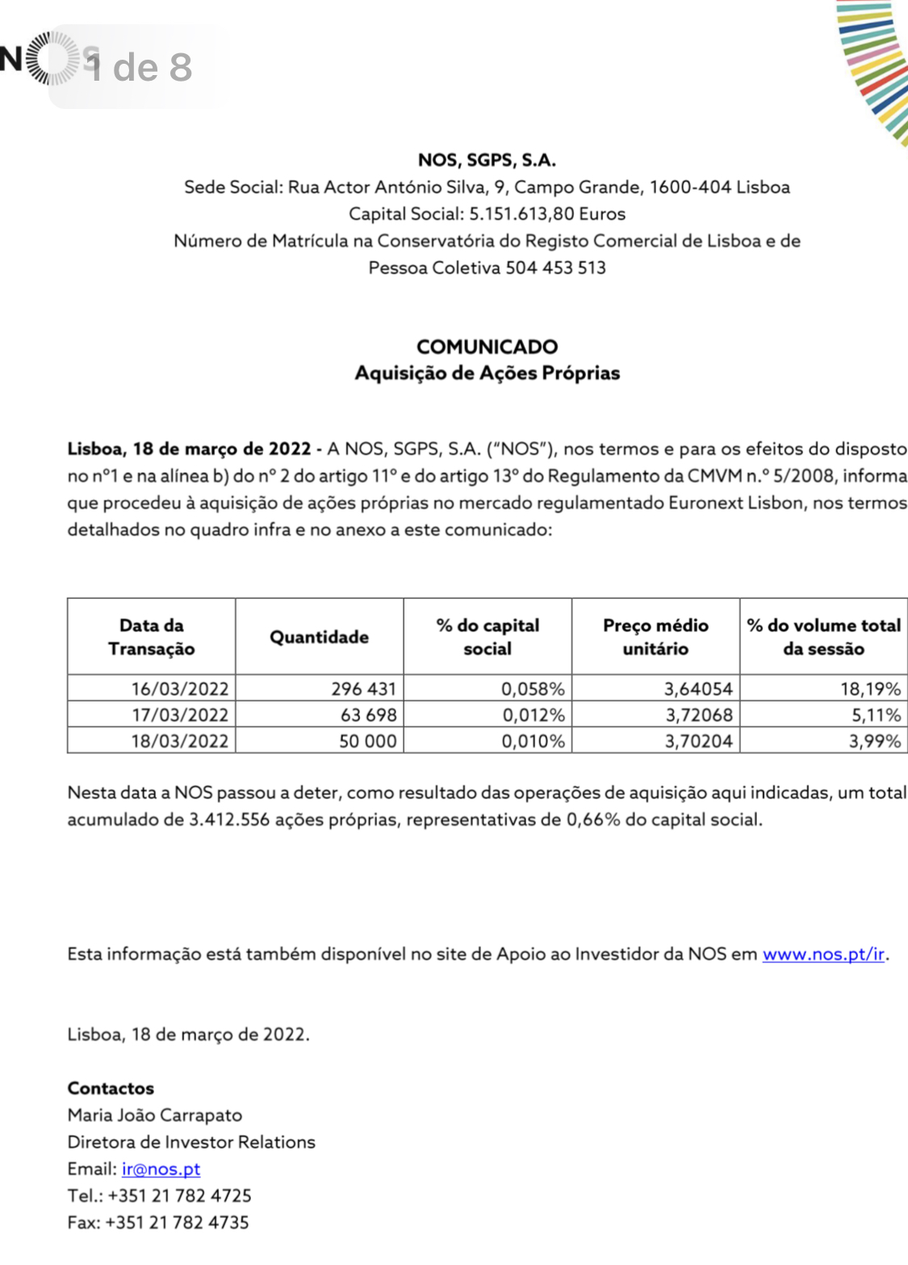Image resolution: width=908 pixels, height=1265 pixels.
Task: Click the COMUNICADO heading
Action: coord(487,346)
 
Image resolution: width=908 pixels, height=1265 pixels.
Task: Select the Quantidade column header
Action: coord(319,637)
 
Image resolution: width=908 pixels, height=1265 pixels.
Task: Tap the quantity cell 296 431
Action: coord(363,689)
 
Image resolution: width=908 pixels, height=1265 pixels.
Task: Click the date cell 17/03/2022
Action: coord(180,715)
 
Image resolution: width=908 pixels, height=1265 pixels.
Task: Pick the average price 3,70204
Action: coord(698,741)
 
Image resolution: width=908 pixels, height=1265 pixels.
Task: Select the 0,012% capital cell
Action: coord(533,715)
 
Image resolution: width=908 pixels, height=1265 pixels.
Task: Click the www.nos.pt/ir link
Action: coord(823,954)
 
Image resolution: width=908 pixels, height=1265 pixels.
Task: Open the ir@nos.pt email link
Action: coord(161,1169)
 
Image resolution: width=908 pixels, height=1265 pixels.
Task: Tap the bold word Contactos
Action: coord(111,1088)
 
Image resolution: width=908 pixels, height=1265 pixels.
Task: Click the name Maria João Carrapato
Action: coord(155,1115)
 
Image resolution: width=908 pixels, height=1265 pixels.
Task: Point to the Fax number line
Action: coord(158,1222)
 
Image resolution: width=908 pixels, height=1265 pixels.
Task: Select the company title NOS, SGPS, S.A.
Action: coord(487,160)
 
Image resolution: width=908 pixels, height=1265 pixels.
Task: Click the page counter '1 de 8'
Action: coord(140,67)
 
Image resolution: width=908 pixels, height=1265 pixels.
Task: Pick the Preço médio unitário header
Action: coord(655,637)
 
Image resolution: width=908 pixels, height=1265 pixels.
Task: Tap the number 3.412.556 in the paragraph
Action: coord(229,819)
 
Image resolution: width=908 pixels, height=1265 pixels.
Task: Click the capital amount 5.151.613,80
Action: coord(521,214)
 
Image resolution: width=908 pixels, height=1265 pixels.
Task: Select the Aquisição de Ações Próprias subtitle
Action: coord(487,373)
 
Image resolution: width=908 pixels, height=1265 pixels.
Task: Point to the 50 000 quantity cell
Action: coord(367,741)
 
